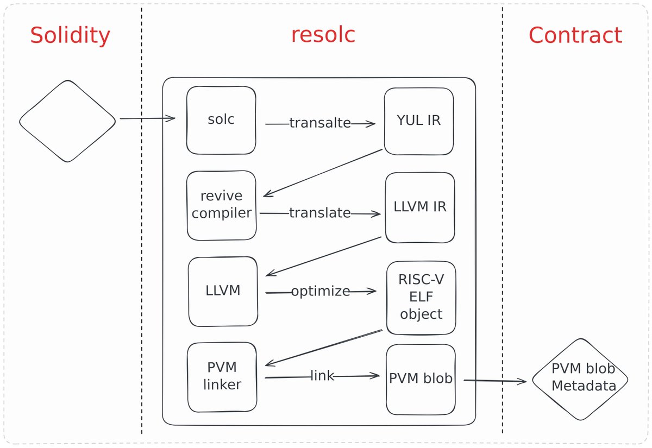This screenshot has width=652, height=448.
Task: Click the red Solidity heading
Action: [70, 36]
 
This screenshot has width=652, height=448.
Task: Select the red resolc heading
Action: [323, 35]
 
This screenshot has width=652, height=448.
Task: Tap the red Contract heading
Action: [575, 36]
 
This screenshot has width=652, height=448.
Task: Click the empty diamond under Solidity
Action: [67, 121]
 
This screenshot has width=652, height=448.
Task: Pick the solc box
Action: [221, 120]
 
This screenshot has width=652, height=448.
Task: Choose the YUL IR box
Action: [419, 121]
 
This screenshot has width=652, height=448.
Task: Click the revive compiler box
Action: [221, 205]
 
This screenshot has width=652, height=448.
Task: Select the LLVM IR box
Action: [420, 207]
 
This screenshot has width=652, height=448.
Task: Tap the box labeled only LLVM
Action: [223, 291]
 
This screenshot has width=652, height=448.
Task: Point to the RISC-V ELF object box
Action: [421, 298]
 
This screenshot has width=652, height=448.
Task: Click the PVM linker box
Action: [222, 377]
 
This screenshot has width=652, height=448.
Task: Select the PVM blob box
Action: [421, 378]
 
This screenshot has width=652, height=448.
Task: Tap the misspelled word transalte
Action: [319, 123]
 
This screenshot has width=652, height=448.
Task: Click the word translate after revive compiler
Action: [319, 213]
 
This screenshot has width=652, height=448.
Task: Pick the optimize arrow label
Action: [320, 292]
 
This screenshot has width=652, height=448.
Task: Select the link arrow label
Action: [322, 375]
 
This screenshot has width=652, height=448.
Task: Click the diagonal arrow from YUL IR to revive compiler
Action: [323, 173]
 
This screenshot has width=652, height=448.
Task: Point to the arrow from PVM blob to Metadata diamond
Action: [494, 381]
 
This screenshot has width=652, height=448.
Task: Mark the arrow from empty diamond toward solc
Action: [147, 118]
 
